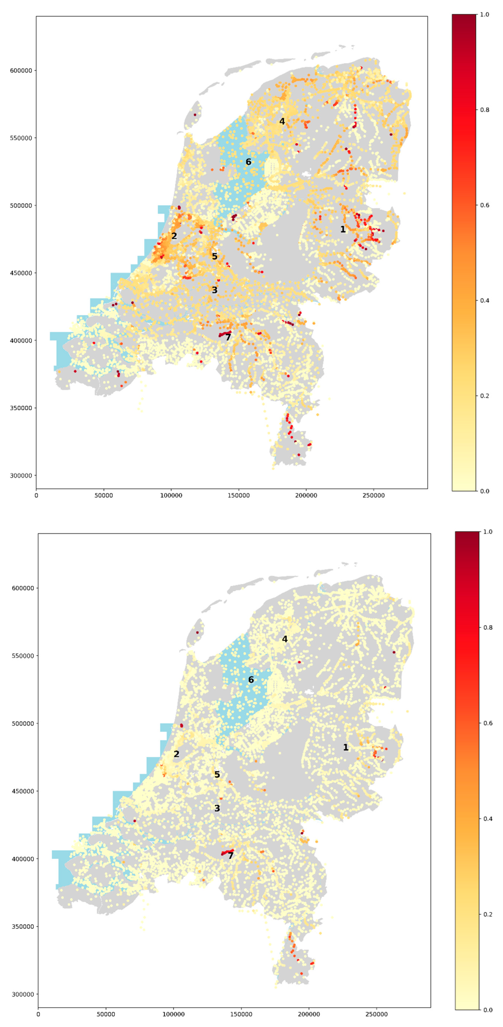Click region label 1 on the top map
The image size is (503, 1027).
[x=343, y=229]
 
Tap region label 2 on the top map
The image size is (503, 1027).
[x=174, y=236]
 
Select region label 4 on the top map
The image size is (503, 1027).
[x=282, y=121]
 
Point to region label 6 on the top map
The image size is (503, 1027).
[x=248, y=162]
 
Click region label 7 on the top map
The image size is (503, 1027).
[x=228, y=337]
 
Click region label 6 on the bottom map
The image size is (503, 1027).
[x=251, y=680]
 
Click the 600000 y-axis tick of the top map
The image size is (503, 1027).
[x=21, y=71]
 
